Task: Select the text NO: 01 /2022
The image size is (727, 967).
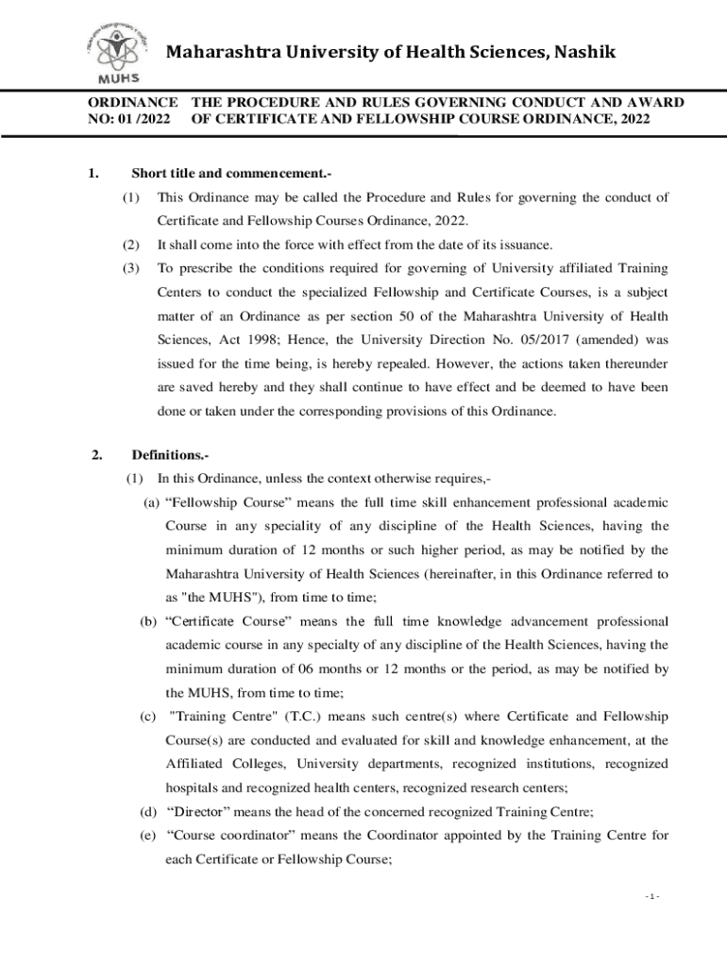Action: pos(129,120)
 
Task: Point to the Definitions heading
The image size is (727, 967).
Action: pos(164,455)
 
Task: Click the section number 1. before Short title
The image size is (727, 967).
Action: pos(93,173)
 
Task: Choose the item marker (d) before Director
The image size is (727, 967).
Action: pos(148,812)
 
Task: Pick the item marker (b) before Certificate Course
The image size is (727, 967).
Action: pos(148,621)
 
